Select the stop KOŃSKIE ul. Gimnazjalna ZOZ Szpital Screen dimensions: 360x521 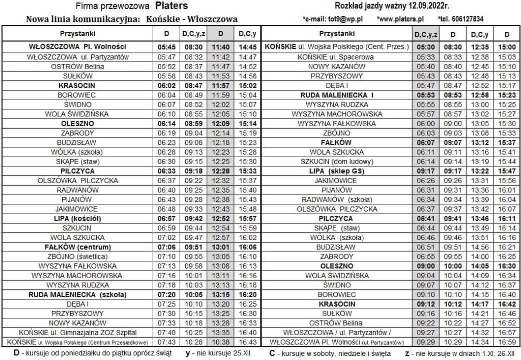81,332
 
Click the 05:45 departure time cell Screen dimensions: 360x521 166,47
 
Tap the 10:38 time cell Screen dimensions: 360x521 220,342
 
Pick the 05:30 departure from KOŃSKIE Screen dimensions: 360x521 425,47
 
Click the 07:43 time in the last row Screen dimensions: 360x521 166,342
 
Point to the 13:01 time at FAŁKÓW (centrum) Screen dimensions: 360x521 220,247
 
